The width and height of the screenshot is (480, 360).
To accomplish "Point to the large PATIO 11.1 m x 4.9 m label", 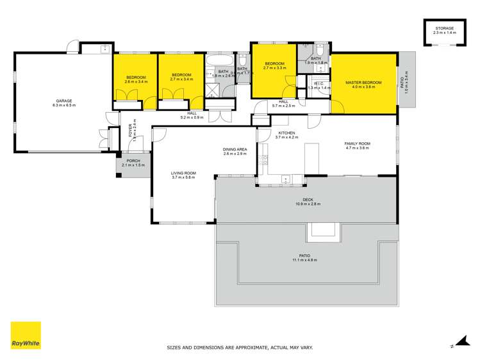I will coord(304,258).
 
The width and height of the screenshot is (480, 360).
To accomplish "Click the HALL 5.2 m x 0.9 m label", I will coord(191,115).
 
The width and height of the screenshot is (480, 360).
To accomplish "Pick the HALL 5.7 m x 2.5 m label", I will coord(283,103).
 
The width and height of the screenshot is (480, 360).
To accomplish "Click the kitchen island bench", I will coord(313,158).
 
